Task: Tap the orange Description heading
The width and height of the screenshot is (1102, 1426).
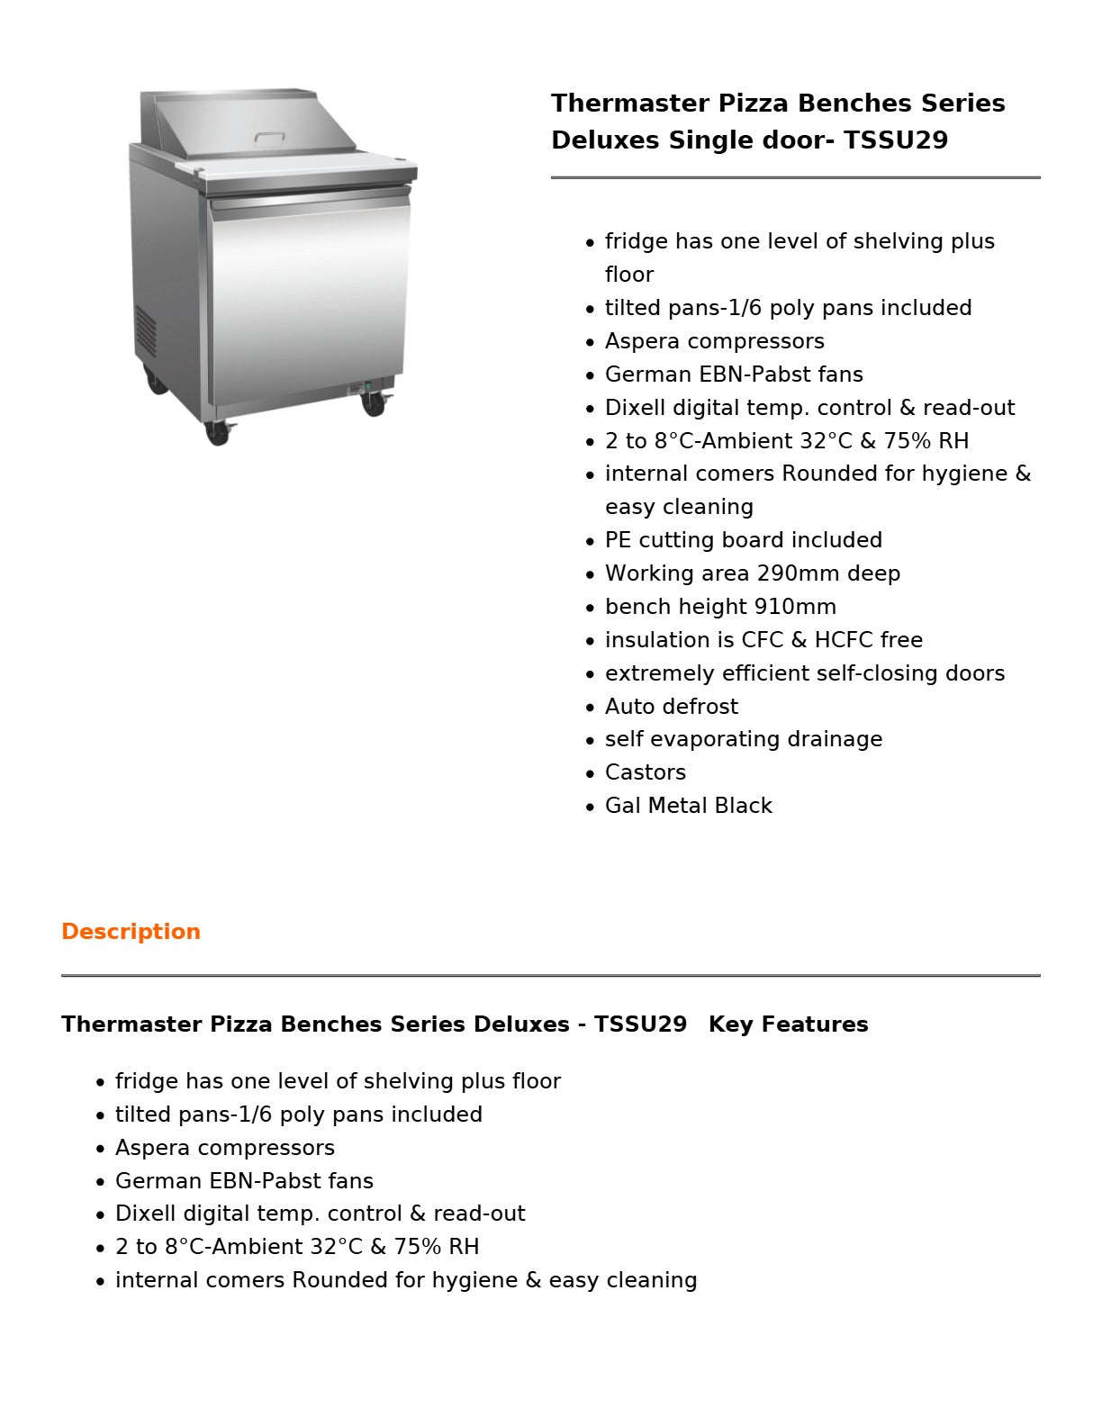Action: click(131, 932)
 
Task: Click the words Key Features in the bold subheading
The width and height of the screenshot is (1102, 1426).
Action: click(788, 1024)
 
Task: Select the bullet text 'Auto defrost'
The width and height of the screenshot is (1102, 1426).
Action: click(671, 707)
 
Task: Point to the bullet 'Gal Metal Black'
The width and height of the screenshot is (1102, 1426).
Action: click(688, 806)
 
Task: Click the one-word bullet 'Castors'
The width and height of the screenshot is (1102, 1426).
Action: click(645, 772)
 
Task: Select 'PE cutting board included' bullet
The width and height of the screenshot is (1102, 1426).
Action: click(743, 540)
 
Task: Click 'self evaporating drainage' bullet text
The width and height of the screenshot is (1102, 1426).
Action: click(743, 739)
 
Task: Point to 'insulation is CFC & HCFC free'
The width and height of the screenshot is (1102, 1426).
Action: click(763, 640)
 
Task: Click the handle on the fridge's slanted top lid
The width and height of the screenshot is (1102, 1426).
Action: click(269, 137)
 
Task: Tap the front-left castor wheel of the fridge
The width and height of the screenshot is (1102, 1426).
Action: click(217, 433)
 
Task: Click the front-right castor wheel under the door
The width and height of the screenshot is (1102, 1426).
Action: click(373, 404)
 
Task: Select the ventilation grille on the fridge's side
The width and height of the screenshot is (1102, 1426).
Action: click(145, 330)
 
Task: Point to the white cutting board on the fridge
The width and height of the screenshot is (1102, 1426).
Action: click(297, 168)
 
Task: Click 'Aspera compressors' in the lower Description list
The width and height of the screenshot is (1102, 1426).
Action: click(224, 1148)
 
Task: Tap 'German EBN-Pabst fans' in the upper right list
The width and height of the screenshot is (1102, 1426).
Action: click(733, 375)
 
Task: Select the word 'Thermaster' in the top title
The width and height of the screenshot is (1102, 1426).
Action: click(630, 104)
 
